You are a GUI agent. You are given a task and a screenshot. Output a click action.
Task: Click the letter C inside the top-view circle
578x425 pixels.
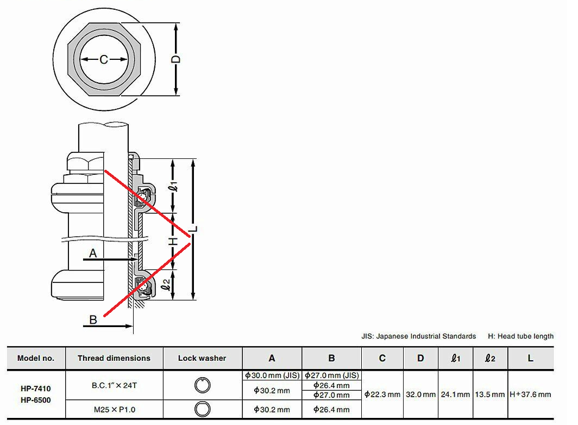[x=104, y=59]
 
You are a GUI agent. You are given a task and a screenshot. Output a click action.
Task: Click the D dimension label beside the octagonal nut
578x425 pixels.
[x=177, y=59]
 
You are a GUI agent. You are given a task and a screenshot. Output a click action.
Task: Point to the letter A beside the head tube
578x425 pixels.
[x=93, y=253]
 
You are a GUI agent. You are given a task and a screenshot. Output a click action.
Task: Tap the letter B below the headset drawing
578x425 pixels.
[x=93, y=319]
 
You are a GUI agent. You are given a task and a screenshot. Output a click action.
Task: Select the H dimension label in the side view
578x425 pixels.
[x=173, y=242]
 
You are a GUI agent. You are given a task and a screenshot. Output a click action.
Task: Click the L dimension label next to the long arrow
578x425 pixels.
[x=194, y=229]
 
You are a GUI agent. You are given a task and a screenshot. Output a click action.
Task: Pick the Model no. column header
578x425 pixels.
[x=36, y=358]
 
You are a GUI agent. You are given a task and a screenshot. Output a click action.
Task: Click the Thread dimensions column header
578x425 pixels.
[x=114, y=358]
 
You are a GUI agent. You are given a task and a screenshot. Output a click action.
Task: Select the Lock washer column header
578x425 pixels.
[x=202, y=358]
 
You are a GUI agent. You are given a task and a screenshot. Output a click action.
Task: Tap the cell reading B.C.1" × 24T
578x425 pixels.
[x=114, y=385]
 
